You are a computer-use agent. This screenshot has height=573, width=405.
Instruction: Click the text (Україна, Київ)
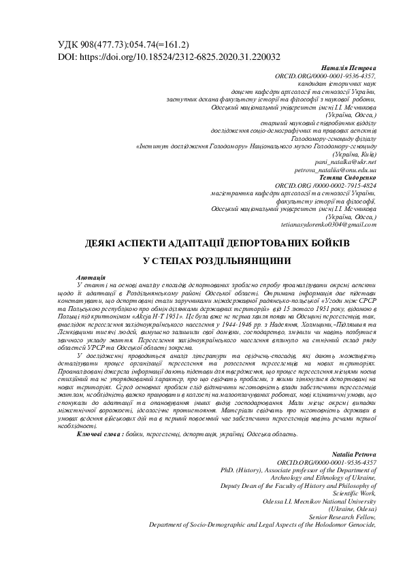point(352,156)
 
